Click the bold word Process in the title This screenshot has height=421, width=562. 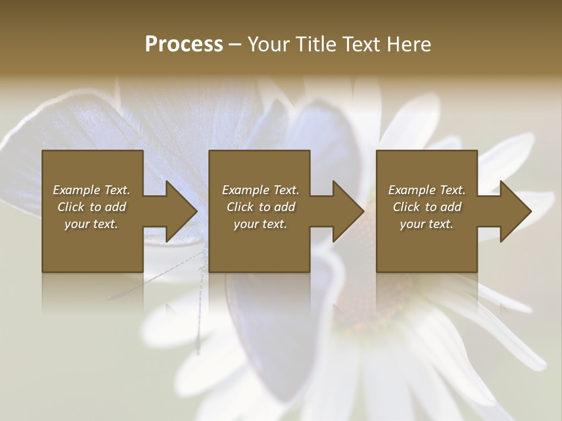184,44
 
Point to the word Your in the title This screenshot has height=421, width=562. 269,44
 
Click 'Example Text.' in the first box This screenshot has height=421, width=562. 91,190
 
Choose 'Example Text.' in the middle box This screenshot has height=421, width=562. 260,190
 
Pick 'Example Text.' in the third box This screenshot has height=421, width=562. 426,190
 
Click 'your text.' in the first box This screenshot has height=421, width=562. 91,224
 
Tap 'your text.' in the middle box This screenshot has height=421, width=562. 260,224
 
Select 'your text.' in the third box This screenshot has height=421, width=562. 426,224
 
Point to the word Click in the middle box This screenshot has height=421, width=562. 240,207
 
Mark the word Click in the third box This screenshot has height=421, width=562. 406,207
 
